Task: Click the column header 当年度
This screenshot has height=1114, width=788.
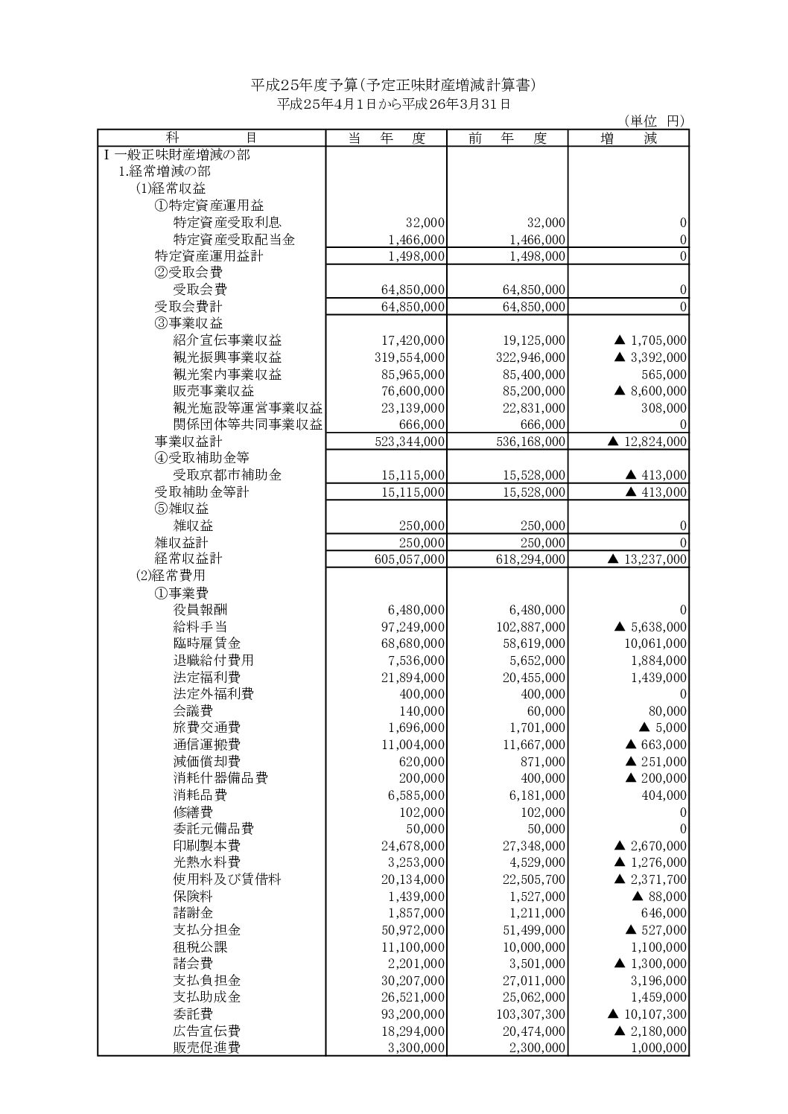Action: [x=386, y=138]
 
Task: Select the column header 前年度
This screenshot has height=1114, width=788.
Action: [x=507, y=138]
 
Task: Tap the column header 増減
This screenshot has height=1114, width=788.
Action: [x=629, y=138]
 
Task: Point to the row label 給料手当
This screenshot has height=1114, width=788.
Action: [x=200, y=627]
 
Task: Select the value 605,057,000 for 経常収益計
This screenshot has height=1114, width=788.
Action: [x=410, y=559]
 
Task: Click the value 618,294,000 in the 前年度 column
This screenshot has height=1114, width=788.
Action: [x=530, y=559]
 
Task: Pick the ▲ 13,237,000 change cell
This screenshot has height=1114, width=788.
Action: [x=647, y=559]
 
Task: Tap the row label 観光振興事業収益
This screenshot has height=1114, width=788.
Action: [x=227, y=357]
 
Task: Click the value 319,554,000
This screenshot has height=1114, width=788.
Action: [x=410, y=357]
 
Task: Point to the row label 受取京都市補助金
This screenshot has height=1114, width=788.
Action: [x=227, y=474]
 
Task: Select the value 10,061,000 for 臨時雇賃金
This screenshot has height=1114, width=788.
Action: [x=655, y=643]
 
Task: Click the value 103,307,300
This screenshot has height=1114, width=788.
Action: [x=530, y=1013]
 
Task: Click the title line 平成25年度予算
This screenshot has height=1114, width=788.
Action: [x=393, y=86]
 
